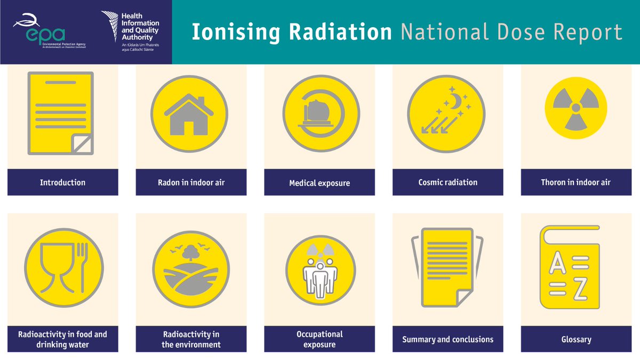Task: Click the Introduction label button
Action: tap(62, 182)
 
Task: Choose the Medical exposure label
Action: tap(319, 183)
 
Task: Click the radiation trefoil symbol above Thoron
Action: tap(575, 109)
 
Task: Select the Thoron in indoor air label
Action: tap(575, 182)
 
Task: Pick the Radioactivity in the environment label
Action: tap(191, 339)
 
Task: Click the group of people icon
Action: tap(320, 275)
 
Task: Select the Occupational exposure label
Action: tap(319, 339)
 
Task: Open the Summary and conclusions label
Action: tap(447, 339)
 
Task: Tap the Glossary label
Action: tap(575, 339)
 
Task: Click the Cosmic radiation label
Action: tap(447, 182)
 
